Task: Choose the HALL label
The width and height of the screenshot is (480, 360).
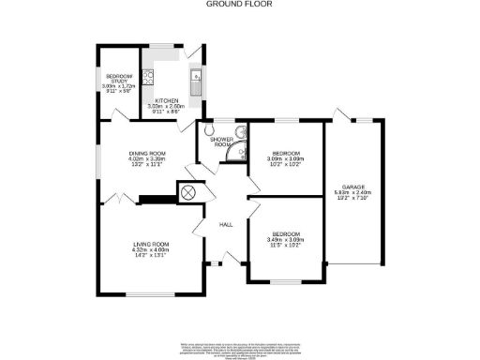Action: [x=226, y=225]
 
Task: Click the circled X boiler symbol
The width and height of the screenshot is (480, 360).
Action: [x=187, y=192]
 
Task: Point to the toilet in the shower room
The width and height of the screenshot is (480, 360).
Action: [x=205, y=132]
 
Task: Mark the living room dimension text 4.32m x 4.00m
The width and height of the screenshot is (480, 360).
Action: [x=150, y=249]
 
